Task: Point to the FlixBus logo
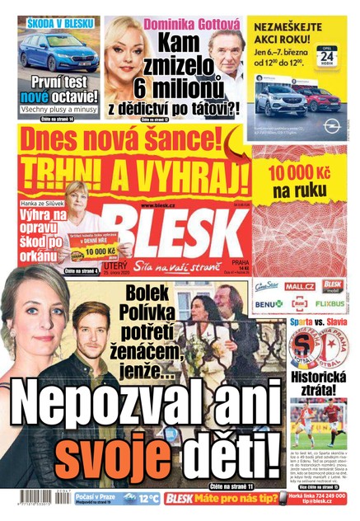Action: coord(333,304)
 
